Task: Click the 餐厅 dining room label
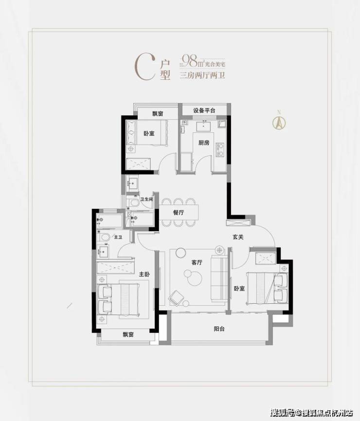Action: pyautogui.click(x=179, y=212)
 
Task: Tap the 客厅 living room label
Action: pyautogui.click(x=197, y=262)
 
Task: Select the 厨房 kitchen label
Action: pyautogui.click(x=204, y=143)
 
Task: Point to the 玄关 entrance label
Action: pyautogui.click(x=238, y=237)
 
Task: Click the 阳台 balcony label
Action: pyautogui.click(x=219, y=329)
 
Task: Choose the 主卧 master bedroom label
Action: pyautogui.click(x=144, y=274)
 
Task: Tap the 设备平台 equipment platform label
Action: pyautogui.click(x=204, y=110)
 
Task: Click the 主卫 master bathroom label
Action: pyautogui.click(x=118, y=238)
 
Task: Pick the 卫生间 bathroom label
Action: pyautogui.click(x=146, y=199)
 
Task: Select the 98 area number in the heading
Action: pyautogui.click(x=190, y=61)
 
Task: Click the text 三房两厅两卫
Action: pyautogui.click(x=202, y=75)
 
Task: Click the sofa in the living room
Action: pyautogui.click(x=219, y=278)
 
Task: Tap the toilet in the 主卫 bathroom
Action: pyautogui.click(x=104, y=237)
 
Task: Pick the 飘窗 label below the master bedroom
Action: pyautogui.click(x=128, y=334)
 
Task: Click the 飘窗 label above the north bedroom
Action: pyautogui.click(x=158, y=113)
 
